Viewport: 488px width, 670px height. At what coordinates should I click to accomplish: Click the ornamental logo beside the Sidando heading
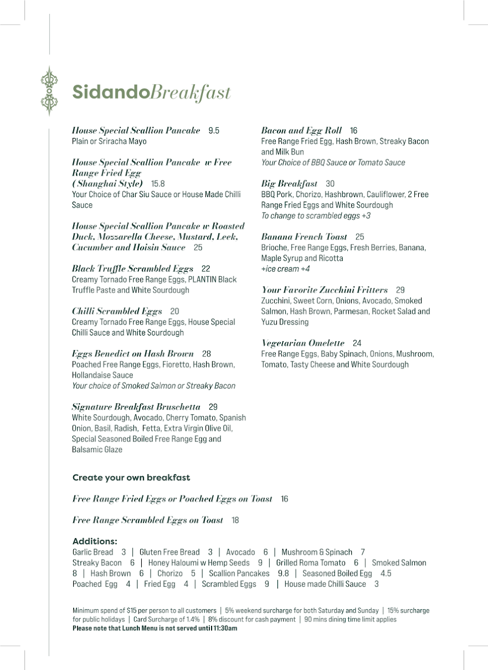pyautogui.click(x=49, y=91)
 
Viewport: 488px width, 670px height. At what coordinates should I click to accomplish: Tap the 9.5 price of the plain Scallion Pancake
pyautogui.click(x=214, y=131)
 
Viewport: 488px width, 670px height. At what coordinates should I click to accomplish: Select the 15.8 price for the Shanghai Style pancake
pyautogui.click(x=158, y=184)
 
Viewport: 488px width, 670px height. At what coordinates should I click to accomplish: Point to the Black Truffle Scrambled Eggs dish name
pyautogui.click(x=132, y=269)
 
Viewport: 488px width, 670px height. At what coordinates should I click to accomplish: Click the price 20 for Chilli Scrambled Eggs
pyautogui.click(x=175, y=312)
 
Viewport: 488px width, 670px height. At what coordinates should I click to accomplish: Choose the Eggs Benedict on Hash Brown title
pyautogui.click(x=133, y=354)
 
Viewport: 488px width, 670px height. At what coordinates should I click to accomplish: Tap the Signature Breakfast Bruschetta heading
pyautogui.click(x=136, y=407)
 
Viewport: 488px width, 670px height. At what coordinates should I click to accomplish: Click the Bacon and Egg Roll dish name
pyautogui.click(x=302, y=131)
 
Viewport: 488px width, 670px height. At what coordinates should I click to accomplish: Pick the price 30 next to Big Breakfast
pyautogui.click(x=330, y=184)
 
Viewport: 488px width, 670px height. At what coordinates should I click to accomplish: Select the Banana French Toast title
pyautogui.click(x=304, y=237)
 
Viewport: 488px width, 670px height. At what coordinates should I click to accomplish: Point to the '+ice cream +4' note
pyautogui.click(x=285, y=269)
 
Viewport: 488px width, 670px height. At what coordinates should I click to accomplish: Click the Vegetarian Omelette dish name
pyautogui.click(x=303, y=343)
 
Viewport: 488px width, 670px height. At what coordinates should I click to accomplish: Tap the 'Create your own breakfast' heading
pyautogui.click(x=131, y=478)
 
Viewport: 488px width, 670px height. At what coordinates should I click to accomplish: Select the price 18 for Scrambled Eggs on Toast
pyautogui.click(x=235, y=520)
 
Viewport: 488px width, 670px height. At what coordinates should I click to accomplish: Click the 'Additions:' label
pyautogui.click(x=95, y=541)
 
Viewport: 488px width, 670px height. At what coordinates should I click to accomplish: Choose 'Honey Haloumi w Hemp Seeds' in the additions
pyautogui.click(x=199, y=563)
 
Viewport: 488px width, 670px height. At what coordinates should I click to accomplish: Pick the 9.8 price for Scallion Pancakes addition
pyautogui.click(x=283, y=573)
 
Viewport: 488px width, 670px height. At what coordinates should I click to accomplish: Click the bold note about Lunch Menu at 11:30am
pyautogui.click(x=155, y=628)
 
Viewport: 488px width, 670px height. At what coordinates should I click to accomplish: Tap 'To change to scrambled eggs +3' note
pyautogui.click(x=315, y=216)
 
